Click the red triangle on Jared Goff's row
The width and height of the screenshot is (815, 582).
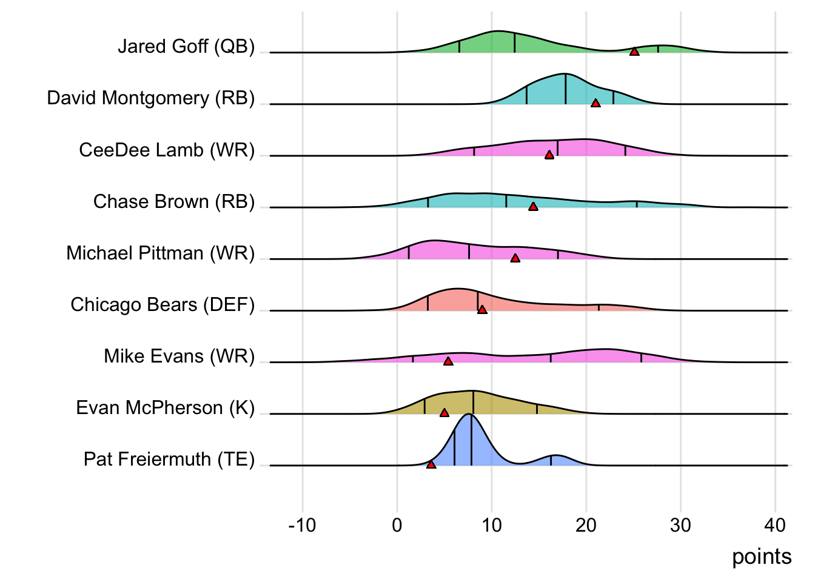[634, 52]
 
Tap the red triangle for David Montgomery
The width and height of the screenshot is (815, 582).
[595, 104]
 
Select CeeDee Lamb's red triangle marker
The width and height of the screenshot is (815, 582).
[549, 155]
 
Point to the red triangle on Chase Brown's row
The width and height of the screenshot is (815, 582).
[533, 207]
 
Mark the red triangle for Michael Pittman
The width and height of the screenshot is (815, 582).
[515, 258]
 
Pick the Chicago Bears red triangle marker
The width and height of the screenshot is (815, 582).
[482, 310]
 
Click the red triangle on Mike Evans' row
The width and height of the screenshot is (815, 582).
[448, 361]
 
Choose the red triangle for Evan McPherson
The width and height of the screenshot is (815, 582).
[444, 413]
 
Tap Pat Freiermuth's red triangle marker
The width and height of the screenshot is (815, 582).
[431, 464]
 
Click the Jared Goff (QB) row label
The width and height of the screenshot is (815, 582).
[186, 47]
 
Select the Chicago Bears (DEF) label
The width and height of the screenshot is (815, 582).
[163, 304]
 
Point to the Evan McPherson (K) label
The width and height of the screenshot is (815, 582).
[165, 408]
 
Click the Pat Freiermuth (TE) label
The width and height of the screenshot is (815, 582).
[169, 460]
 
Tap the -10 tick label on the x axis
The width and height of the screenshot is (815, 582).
[302, 525]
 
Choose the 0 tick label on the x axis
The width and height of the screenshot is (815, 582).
[397, 525]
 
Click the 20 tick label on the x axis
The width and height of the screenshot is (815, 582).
[586, 525]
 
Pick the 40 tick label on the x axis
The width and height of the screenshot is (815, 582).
[775, 525]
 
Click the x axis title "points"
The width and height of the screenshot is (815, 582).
[762, 557]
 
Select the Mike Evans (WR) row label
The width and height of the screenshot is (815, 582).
[179, 356]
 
